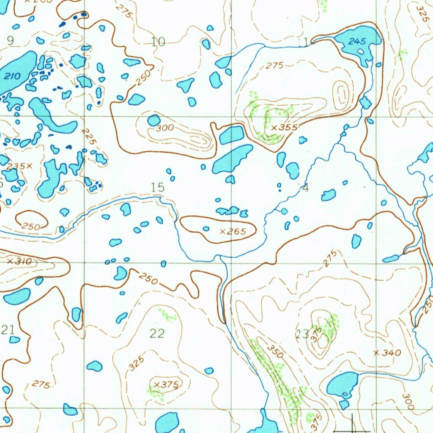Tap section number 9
10,41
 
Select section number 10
158,41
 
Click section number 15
157,187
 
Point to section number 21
8,330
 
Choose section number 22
157,334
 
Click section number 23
302,334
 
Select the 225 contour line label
89,136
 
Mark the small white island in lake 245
360,52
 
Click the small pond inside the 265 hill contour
206,229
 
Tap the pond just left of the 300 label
153,120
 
